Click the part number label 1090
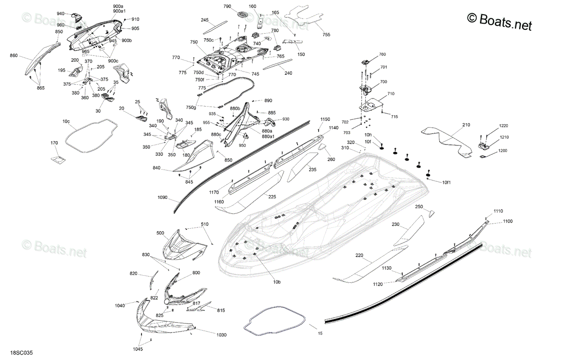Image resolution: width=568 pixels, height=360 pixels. [162, 198]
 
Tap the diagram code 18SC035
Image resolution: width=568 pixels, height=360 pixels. [22, 352]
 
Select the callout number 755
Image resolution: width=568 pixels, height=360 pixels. [326, 35]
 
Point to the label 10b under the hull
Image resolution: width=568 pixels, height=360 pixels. [277, 282]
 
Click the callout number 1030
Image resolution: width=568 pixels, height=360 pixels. [222, 335]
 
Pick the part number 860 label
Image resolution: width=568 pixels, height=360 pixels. [14, 55]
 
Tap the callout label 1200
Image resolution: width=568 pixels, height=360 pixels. [503, 151]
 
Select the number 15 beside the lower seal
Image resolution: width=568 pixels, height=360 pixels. [320, 333]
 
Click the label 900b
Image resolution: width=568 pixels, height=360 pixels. [126, 40]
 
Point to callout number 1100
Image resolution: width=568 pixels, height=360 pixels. [507, 221]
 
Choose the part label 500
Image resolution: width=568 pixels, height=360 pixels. [160, 233]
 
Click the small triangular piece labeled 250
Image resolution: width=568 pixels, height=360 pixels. [431, 214]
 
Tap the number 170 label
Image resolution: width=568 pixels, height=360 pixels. [54, 143]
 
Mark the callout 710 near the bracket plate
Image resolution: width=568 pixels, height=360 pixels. [391, 94]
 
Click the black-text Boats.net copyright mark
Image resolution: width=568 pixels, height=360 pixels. [499, 22]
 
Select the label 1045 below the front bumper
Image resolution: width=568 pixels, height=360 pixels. [138, 349]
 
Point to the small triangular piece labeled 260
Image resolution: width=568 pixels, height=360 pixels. [322, 147]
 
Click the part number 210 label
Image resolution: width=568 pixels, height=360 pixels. [466, 125]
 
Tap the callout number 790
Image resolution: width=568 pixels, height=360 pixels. [227, 6]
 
